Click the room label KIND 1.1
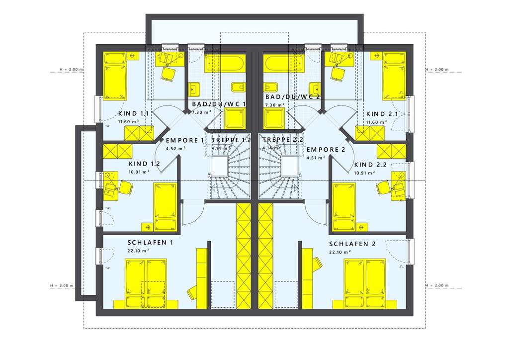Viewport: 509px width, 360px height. [x=133, y=114]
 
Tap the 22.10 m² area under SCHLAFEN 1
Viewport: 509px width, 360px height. [x=139, y=251]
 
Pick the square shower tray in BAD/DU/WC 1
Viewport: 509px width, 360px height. [x=235, y=119]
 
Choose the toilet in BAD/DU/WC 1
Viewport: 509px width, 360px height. [x=238, y=89]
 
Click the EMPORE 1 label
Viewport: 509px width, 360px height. [x=185, y=140]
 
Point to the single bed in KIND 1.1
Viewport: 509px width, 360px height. [x=115, y=75]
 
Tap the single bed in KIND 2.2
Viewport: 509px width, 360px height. [x=343, y=205]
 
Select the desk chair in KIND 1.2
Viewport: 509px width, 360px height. [x=126, y=187]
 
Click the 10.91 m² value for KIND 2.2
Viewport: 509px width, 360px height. [x=364, y=173]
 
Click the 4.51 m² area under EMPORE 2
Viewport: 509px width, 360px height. [x=316, y=158]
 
